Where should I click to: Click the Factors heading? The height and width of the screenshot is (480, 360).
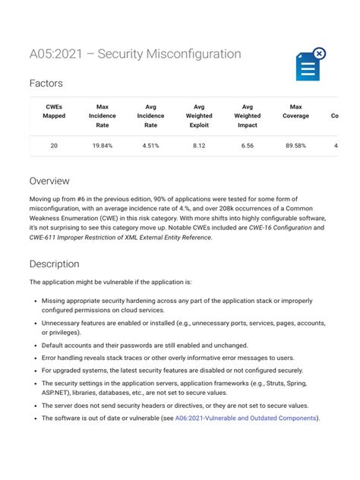coord(46,84)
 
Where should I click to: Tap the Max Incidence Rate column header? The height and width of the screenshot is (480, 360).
coord(103,116)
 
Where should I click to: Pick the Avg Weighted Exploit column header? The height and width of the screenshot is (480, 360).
coord(199,116)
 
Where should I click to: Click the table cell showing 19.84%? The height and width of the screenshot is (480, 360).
coord(103,145)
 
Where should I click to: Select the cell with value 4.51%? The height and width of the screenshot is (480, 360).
coord(150,145)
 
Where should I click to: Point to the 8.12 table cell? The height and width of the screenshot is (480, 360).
coord(199,145)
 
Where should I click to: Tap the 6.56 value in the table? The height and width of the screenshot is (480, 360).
coord(248,145)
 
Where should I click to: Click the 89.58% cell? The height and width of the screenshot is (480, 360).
coord(295,145)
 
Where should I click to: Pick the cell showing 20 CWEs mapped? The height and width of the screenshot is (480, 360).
coord(54,145)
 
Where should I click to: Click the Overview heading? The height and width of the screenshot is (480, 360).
coord(49,182)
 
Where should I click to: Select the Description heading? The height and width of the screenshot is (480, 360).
coord(54,264)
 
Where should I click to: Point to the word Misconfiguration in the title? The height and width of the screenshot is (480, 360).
coord(192,54)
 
